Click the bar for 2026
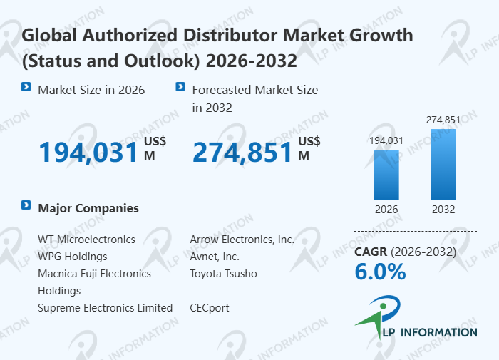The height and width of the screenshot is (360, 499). point(386,174)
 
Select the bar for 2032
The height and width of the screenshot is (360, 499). point(443,164)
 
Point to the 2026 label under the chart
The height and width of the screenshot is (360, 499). point(386,210)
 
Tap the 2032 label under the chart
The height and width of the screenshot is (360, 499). point(443,210)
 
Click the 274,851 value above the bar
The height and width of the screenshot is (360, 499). point(443,120)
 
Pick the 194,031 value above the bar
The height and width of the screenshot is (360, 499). point(386,140)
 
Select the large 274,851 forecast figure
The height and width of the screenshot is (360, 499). point(242,152)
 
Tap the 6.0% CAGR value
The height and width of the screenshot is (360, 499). point(380,272)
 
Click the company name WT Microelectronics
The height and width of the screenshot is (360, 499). point(86,240)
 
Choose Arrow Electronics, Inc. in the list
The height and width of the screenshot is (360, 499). point(242,240)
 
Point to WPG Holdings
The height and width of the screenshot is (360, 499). point(72,257)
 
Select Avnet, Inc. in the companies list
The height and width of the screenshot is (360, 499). point(215,257)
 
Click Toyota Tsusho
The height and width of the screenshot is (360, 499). point(223,274)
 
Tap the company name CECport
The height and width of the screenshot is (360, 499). point(210,308)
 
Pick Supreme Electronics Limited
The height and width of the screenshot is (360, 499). point(105,308)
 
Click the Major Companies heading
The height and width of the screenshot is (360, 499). point(88,208)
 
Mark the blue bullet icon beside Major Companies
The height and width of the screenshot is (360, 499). point(26,206)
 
